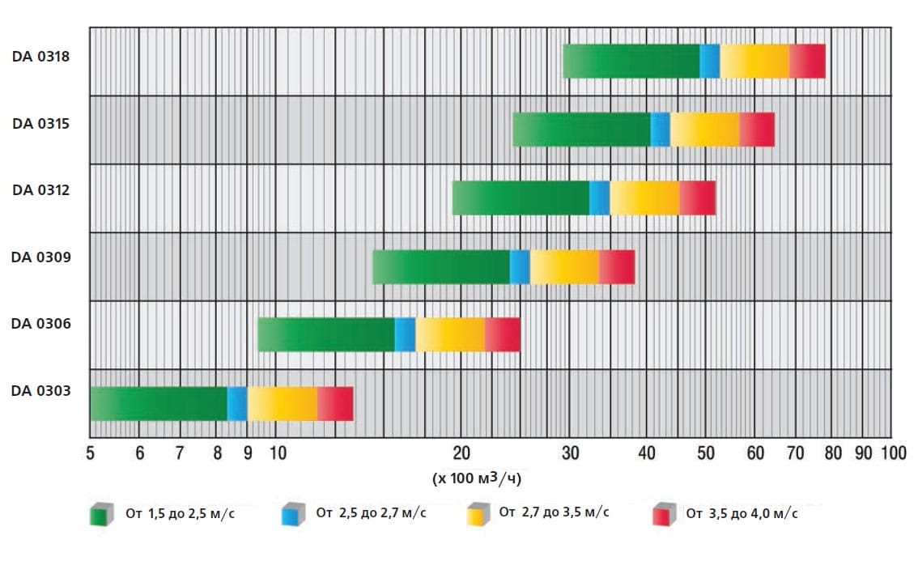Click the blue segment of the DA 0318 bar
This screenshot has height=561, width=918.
click(x=709, y=62)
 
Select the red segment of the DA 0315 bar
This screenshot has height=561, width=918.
click(x=756, y=130)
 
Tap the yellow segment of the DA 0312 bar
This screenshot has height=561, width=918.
click(x=644, y=198)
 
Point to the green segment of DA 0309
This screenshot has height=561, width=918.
click(x=440, y=267)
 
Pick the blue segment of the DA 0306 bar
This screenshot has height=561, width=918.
click(x=405, y=334)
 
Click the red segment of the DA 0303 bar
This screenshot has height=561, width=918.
click(x=335, y=403)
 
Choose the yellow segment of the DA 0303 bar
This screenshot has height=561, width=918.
click(x=282, y=403)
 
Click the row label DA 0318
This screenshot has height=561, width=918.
click(x=40, y=57)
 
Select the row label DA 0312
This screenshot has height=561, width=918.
click(x=40, y=190)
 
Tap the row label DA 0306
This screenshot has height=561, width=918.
click(x=40, y=324)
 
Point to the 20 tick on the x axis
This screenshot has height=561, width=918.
click(x=461, y=453)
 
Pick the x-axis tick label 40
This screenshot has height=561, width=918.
click(x=646, y=453)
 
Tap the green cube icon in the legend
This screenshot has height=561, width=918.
click(x=100, y=514)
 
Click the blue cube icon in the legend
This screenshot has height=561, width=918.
click(x=291, y=514)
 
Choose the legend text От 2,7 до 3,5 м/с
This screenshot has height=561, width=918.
click(x=554, y=512)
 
